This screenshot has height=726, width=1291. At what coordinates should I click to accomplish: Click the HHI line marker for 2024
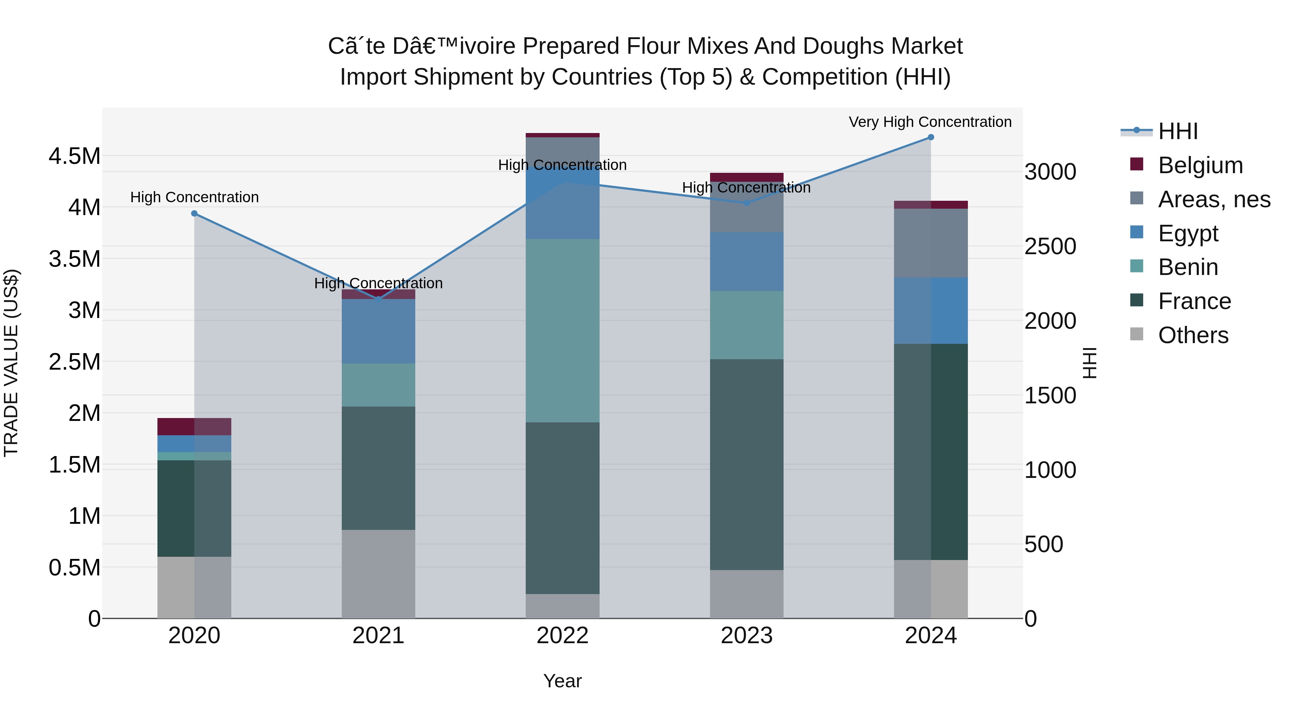coord(931,137)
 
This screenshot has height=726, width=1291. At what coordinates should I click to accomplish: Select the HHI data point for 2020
coord(194,213)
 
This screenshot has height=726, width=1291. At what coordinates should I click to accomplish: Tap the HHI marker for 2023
coord(746,203)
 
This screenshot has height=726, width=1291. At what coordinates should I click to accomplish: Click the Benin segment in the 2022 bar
coord(562,331)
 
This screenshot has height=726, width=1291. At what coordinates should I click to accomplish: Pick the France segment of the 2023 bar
coord(746,464)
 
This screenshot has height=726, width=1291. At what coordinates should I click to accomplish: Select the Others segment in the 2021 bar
coord(378,574)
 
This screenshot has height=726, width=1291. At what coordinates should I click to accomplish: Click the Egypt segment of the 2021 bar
coord(378,331)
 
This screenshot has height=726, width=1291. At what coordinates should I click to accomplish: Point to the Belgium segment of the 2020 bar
coord(194,426)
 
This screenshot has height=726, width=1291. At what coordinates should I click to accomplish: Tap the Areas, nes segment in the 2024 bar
coord(931,243)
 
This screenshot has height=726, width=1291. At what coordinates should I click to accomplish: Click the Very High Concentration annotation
coord(930,122)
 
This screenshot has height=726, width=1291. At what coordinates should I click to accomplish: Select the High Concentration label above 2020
coord(194,198)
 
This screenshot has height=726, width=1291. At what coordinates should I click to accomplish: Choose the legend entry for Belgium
coord(1200,165)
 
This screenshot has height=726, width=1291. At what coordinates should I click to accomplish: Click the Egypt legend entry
coord(1188,233)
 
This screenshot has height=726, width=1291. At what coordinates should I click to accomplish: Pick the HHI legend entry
coord(1178,131)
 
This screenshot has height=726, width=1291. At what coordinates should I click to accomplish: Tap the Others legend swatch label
coord(1193,335)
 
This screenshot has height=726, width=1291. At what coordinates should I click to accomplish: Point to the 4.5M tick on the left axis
coord(74,156)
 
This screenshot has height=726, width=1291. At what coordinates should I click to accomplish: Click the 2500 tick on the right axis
coord(1050,247)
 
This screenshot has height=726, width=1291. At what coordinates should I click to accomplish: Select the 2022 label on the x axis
coord(562,636)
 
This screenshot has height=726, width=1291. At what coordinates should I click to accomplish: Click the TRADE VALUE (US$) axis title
coord(11,363)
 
